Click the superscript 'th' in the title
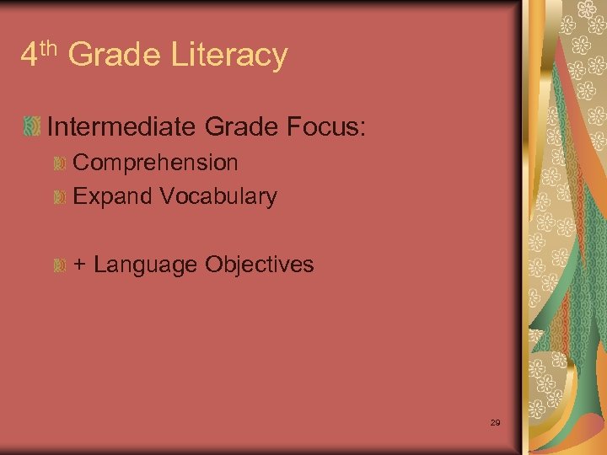[x=49, y=49]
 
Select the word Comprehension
[x=156, y=162]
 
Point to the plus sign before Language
[x=79, y=265]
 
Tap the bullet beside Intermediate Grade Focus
[x=32, y=127]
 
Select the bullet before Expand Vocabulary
[x=60, y=197]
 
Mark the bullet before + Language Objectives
[x=60, y=265]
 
